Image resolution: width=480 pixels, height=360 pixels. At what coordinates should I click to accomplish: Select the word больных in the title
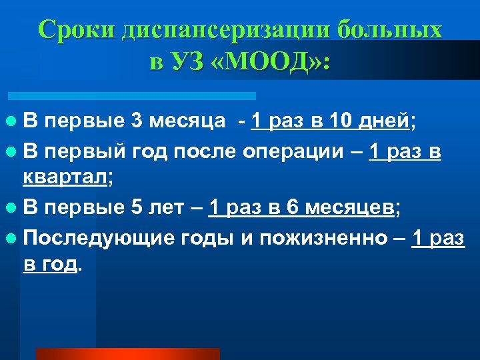[390, 30]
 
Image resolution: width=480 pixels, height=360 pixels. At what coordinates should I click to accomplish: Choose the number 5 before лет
[137, 207]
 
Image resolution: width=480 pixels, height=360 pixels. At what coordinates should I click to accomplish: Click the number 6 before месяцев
[292, 207]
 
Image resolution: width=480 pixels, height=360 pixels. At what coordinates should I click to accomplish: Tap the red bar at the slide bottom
[127, 354]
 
